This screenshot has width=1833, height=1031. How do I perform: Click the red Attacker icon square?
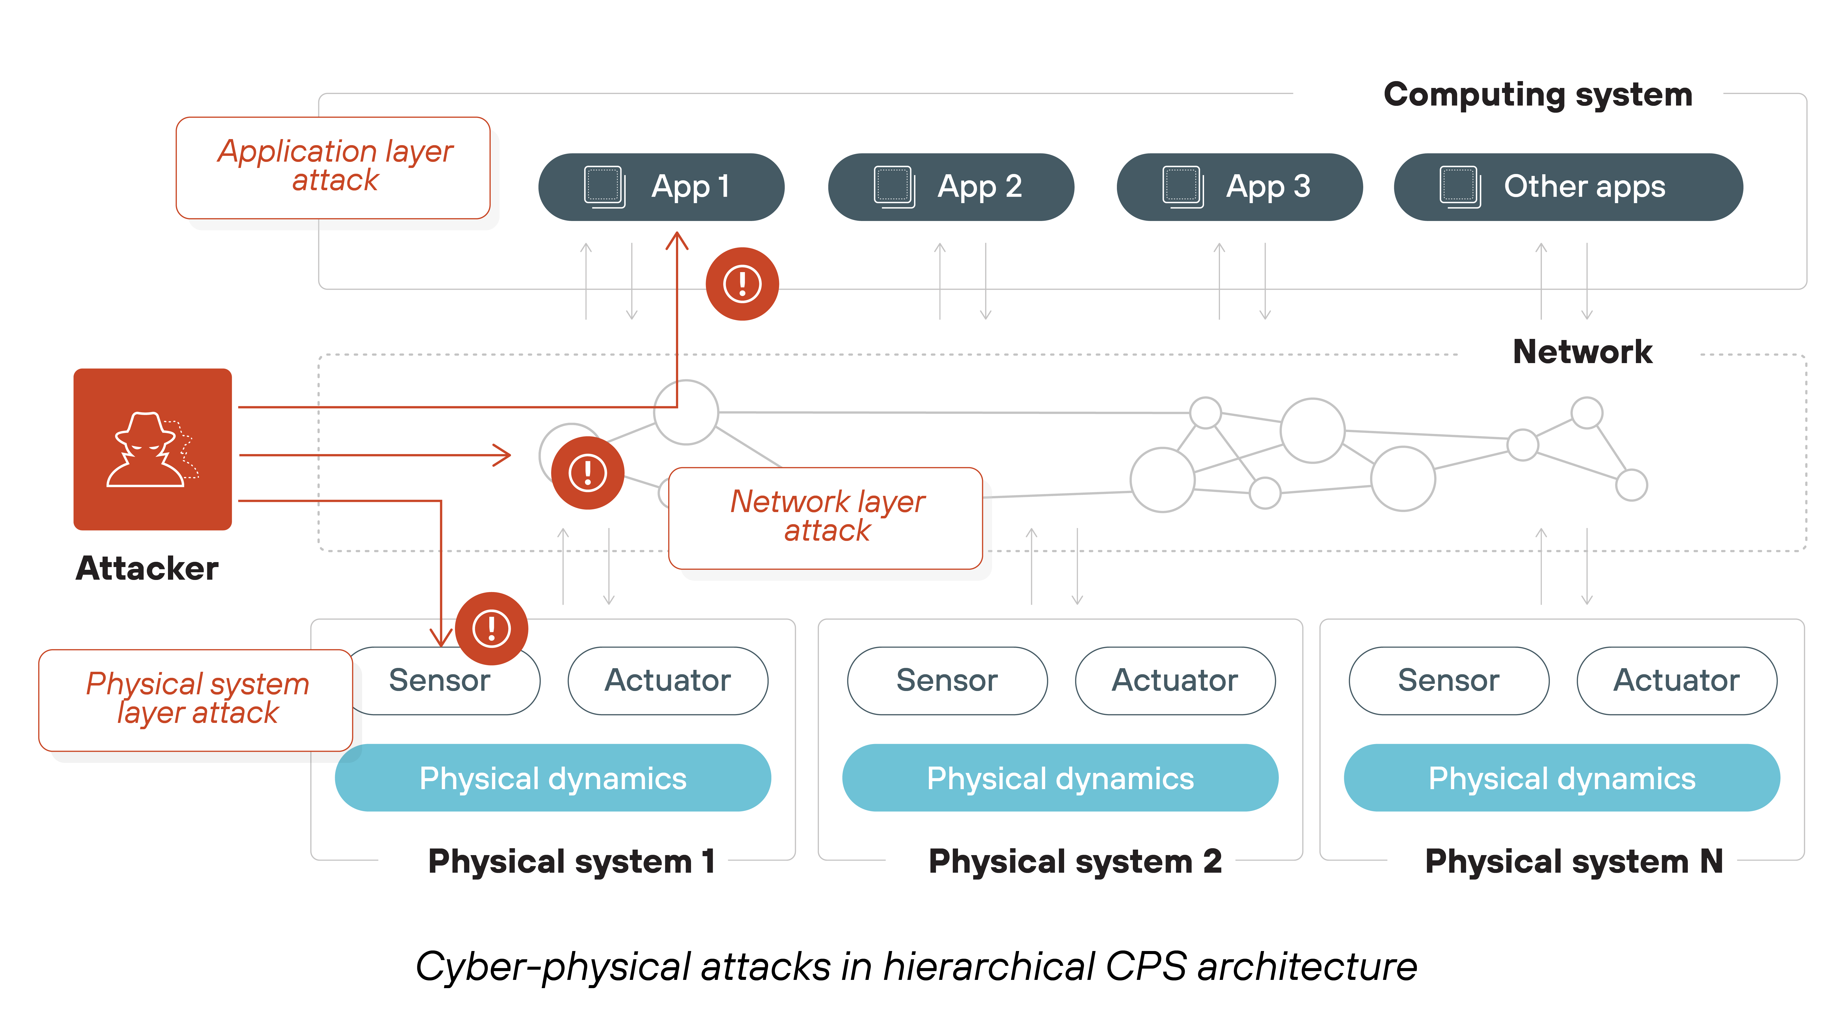pos(152,449)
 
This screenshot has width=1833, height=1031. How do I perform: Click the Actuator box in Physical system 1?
pos(667,680)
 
